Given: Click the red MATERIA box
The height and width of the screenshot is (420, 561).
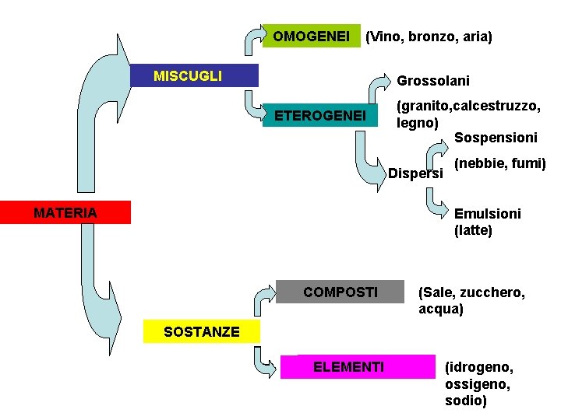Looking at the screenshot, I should (x=65, y=212).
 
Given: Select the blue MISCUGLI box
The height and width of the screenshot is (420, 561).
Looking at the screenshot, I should (x=194, y=75).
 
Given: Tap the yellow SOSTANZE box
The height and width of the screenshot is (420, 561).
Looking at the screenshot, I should (x=201, y=332).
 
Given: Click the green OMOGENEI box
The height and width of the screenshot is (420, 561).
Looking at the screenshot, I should (x=311, y=36).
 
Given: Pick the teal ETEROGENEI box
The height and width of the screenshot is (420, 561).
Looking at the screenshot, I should (x=320, y=116).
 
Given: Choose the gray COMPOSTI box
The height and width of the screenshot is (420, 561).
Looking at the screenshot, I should (x=340, y=292).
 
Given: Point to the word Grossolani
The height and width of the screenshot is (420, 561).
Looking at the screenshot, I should (x=433, y=80).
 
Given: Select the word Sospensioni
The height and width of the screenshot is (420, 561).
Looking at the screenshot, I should (x=496, y=138).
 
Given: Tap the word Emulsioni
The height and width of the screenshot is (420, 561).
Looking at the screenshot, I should (x=488, y=213).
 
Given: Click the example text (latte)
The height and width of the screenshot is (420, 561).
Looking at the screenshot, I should (x=473, y=230).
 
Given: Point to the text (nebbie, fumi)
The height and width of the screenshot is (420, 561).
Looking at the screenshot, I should (x=499, y=163).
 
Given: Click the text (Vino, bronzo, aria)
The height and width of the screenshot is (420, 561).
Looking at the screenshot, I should (x=429, y=37).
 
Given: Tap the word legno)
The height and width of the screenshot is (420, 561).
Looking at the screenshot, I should (x=418, y=123).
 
